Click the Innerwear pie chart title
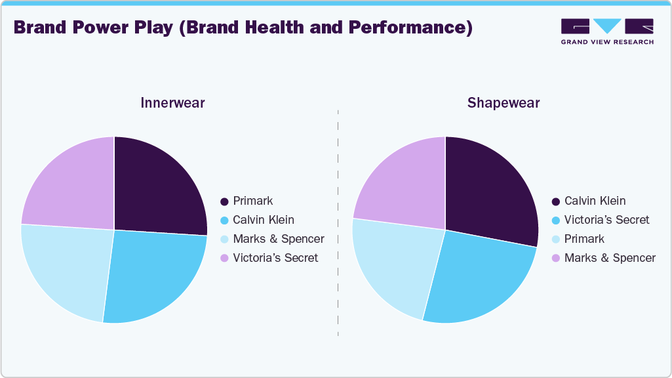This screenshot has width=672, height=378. [x=172, y=103]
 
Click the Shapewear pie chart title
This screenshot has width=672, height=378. [x=504, y=103]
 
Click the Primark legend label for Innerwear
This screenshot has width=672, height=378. [x=252, y=201]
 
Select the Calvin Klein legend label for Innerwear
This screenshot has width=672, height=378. [x=264, y=220]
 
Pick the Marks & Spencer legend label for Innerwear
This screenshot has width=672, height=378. [x=279, y=239]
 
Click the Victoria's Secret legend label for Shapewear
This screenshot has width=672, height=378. [x=606, y=220]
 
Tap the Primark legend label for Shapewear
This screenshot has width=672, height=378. [x=584, y=239]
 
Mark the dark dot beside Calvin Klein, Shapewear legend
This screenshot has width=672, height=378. [x=556, y=201]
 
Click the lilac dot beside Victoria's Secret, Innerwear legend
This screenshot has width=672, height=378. [x=225, y=258]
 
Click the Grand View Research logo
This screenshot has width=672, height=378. [x=607, y=31]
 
